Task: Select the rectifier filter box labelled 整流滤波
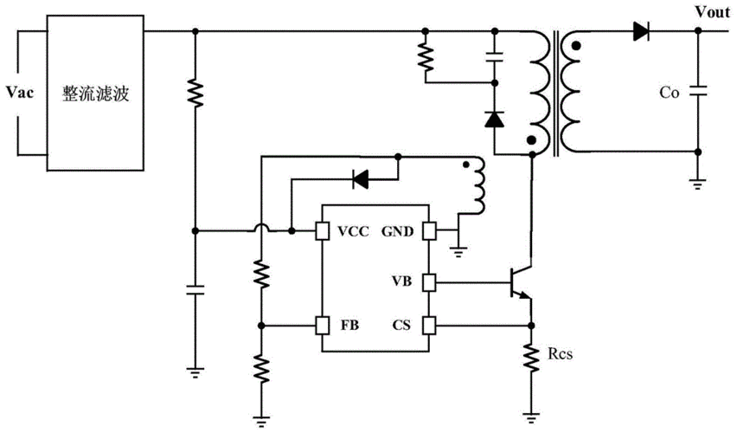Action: tap(95, 92)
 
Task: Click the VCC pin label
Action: tap(355, 231)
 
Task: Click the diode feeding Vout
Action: tap(641, 32)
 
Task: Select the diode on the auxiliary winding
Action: tap(359, 180)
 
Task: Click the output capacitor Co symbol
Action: tap(699, 90)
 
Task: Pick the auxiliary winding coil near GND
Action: tap(478, 189)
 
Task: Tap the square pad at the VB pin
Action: tap(430, 281)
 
